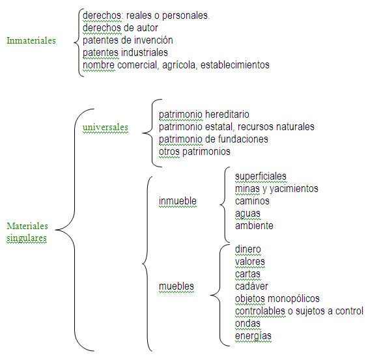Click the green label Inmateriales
(x=31, y=40)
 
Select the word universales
(x=106, y=127)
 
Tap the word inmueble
(x=178, y=201)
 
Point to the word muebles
(x=176, y=286)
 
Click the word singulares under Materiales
(x=27, y=238)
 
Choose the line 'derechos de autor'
(x=120, y=28)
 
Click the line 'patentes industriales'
(x=125, y=53)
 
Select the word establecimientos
(x=235, y=65)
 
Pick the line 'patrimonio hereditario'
(x=204, y=115)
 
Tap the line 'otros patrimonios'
(x=195, y=152)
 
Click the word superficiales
(x=260, y=176)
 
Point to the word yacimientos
(x=294, y=189)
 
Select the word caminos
(x=252, y=201)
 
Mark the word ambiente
(x=254, y=226)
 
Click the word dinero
(x=248, y=249)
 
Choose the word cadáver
(x=251, y=286)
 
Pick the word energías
(x=253, y=336)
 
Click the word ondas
(x=247, y=324)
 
